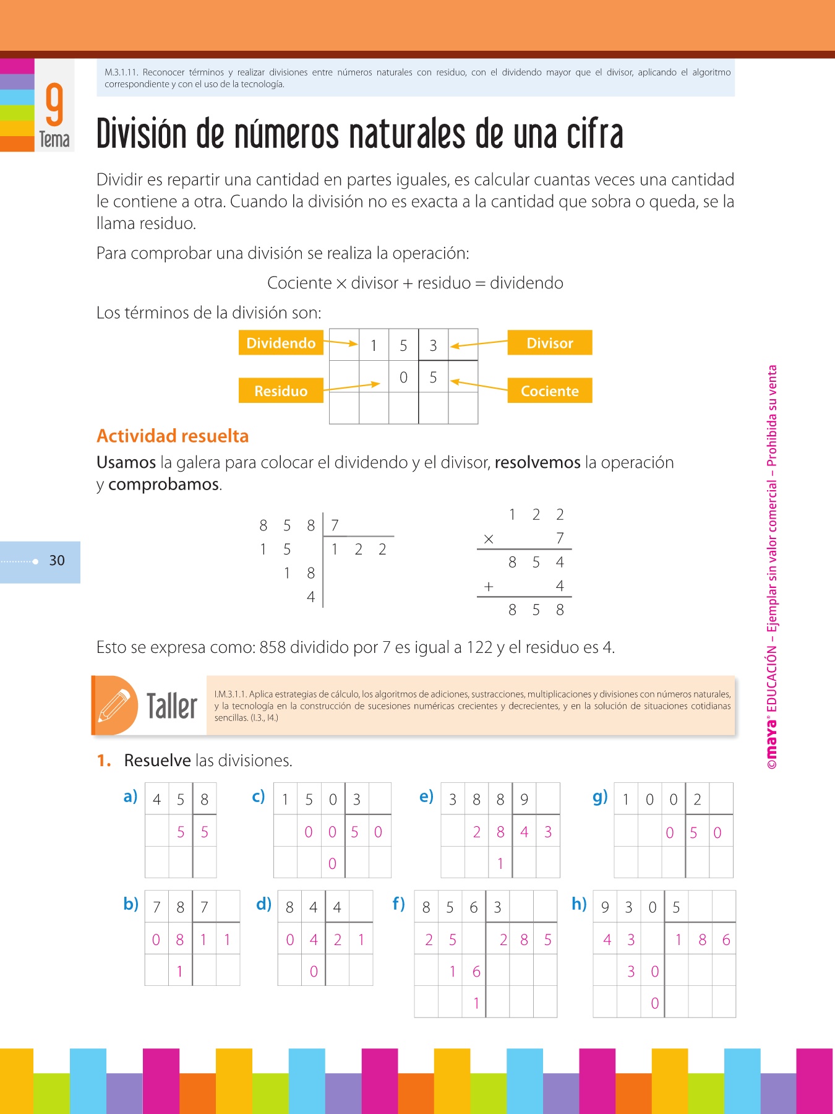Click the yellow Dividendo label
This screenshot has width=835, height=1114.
pyautogui.click(x=281, y=343)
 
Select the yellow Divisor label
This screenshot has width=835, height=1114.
pyautogui.click(x=549, y=343)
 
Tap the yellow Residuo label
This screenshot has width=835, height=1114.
pyautogui.click(x=281, y=391)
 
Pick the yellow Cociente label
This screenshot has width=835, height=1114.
pyautogui.click(x=549, y=391)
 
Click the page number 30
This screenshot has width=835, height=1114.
pyautogui.click(x=57, y=561)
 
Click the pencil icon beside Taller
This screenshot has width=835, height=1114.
pyautogui.click(x=114, y=706)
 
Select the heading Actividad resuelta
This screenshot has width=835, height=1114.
pyautogui.click(x=173, y=436)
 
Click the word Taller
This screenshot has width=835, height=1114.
pyautogui.click(x=172, y=707)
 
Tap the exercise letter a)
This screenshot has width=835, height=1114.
pyautogui.click(x=130, y=797)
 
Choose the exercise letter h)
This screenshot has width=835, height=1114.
pyautogui.click(x=579, y=904)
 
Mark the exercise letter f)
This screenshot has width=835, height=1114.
pyautogui.click(x=399, y=904)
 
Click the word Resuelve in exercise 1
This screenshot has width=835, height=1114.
pyautogui.click(x=157, y=761)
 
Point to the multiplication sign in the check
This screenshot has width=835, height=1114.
pyautogui.click(x=489, y=539)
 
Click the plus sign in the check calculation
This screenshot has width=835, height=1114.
pyautogui.click(x=489, y=587)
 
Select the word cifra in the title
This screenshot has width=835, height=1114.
pyautogui.click(x=594, y=134)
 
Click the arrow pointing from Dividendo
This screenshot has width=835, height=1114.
pyautogui.click(x=341, y=342)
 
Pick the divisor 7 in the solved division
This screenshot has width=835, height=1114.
pyautogui.click(x=335, y=526)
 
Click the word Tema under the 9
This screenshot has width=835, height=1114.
pyautogui.click(x=54, y=140)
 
